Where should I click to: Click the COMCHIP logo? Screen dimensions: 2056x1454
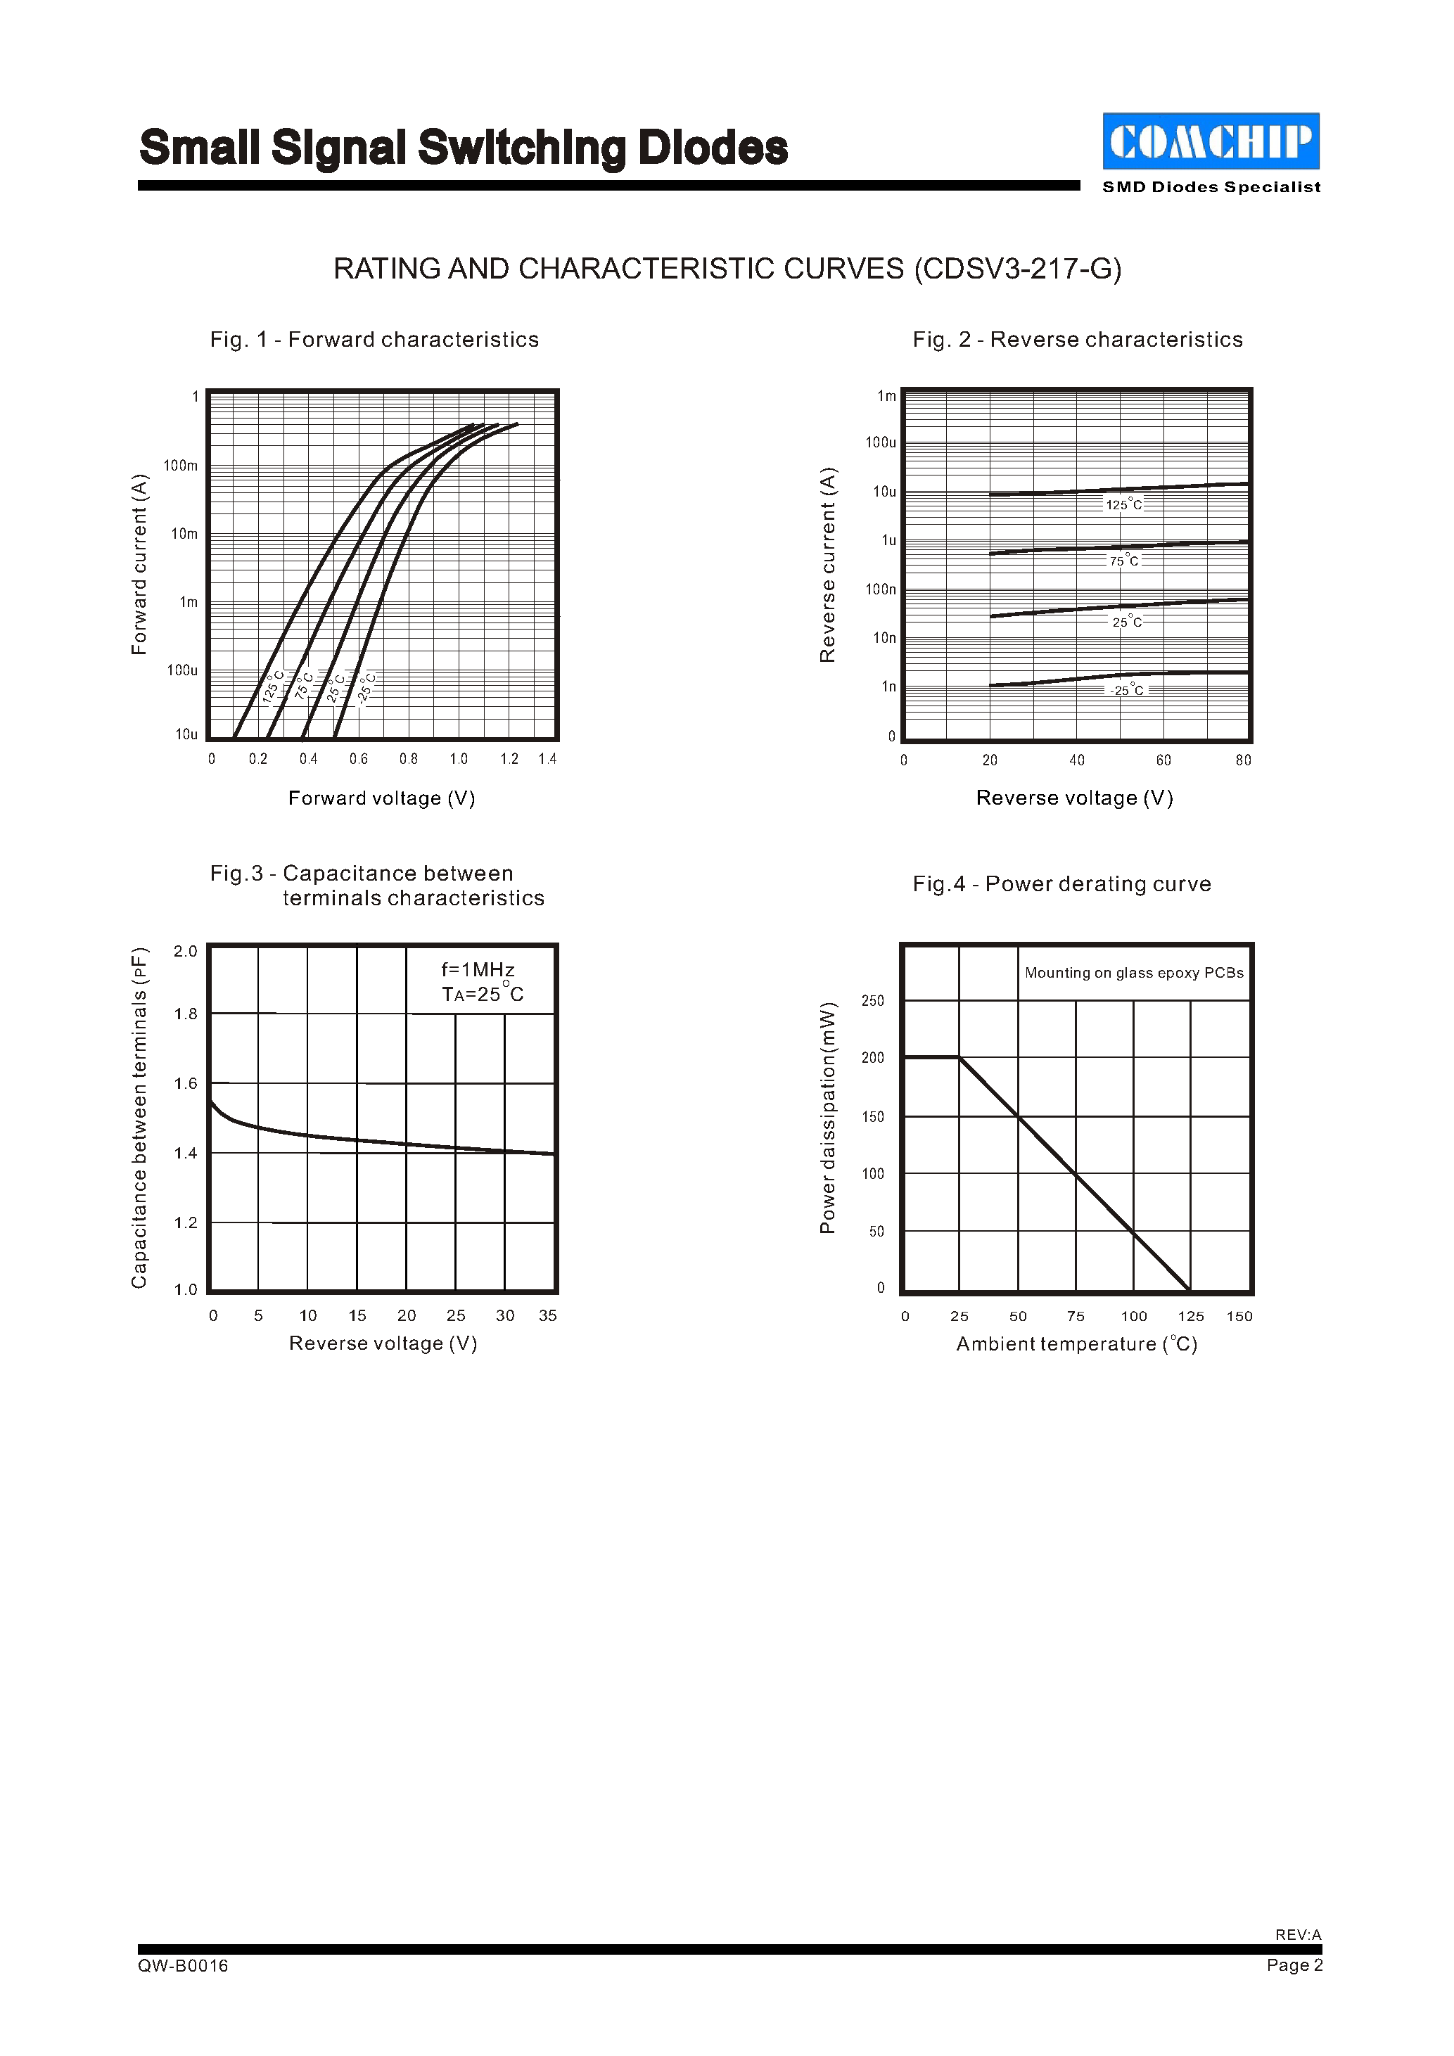tap(1211, 141)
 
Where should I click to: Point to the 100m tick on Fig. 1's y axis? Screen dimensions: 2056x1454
tap(181, 466)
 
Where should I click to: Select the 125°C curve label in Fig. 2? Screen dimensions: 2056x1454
tap(1123, 505)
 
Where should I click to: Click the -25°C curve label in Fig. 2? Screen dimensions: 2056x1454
tap(1126, 691)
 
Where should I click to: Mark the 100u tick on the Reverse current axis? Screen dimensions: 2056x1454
tap(880, 442)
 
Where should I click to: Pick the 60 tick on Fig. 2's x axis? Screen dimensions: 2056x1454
tap(1163, 760)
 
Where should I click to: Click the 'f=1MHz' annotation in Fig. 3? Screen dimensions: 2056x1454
tap(478, 970)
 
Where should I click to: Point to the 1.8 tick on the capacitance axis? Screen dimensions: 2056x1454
tap(185, 1014)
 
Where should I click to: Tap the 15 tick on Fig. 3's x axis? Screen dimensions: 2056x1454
tap(357, 1315)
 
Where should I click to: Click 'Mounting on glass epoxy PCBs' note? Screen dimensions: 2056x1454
tap(1133, 973)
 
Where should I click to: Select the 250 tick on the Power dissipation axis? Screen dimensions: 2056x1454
tap(873, 1000)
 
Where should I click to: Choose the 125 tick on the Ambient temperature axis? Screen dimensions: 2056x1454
tap(1191, 1316)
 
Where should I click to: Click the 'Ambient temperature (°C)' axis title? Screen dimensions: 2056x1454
tap(1076, 1344)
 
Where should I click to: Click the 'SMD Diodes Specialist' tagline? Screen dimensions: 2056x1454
tap(1211, 187)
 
